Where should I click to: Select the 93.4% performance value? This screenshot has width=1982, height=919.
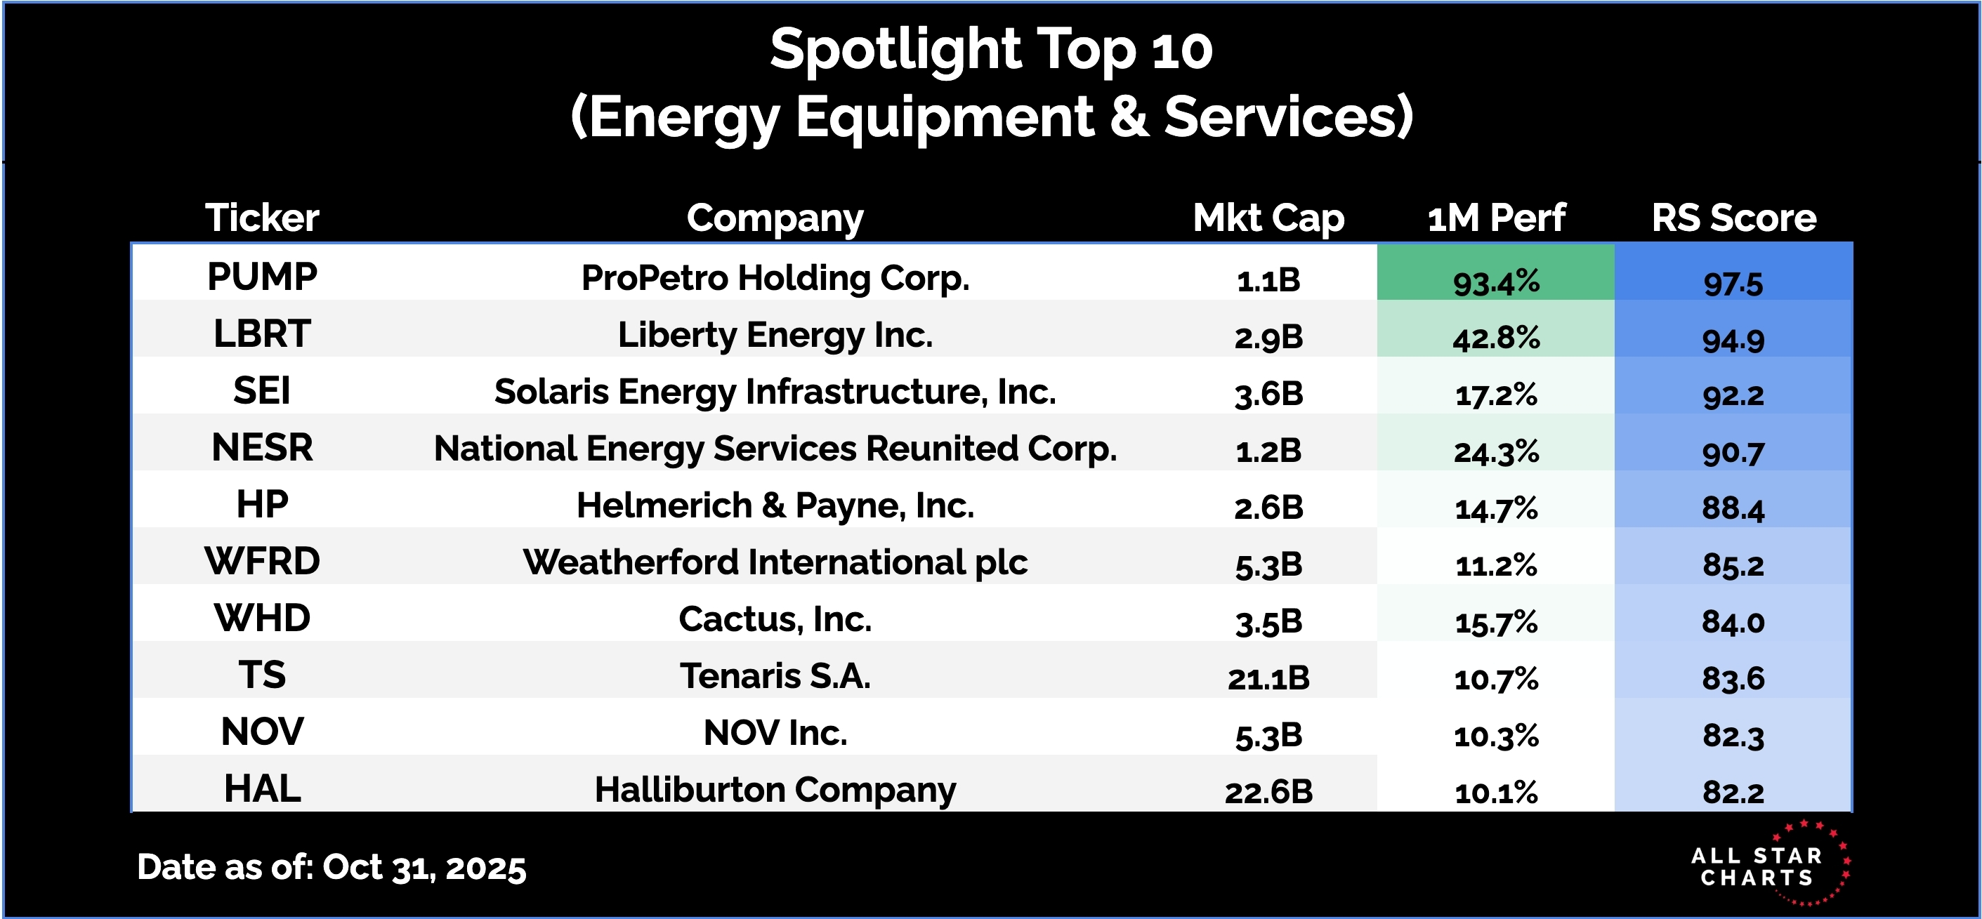[1496, 282]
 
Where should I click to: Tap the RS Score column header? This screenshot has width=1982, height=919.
[1733, 218]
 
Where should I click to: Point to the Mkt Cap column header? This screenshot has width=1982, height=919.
[1268, 218]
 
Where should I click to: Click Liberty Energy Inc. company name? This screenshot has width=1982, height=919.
[775, 336]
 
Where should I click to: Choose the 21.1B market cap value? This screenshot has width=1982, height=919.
[1268, 678]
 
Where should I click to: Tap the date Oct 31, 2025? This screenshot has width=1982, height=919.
[424, 868]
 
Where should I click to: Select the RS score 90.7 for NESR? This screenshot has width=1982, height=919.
[1733, 452]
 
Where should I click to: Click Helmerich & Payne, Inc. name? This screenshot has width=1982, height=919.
[775, 506]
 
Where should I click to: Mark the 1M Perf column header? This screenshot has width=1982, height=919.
[1496, 218]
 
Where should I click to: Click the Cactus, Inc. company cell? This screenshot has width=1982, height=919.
[775, 619]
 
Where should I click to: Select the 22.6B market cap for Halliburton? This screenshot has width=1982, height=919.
[1268, 792]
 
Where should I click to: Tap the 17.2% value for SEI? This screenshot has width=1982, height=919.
[1496, 395]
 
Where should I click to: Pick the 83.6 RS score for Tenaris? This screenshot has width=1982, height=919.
[1733, 678]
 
